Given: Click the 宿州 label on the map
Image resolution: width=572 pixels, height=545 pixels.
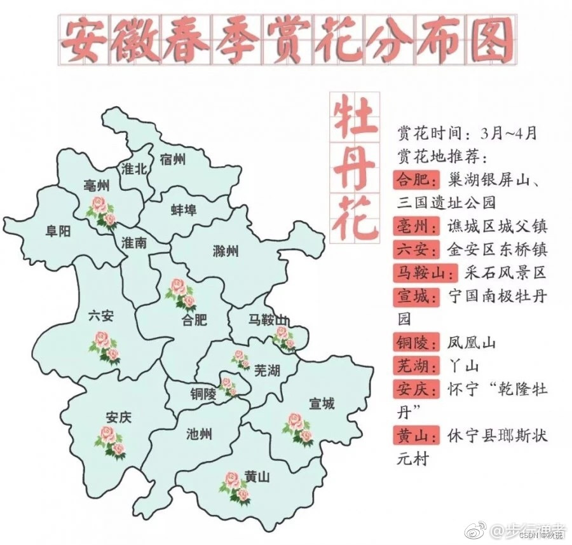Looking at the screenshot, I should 173,159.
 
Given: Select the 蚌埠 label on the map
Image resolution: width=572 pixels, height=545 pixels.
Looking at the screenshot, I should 184,210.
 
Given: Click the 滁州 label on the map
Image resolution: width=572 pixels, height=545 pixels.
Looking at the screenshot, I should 226,251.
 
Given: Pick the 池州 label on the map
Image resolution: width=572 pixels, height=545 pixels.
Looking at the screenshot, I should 200,434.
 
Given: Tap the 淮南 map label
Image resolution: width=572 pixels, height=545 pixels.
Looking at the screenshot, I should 134,242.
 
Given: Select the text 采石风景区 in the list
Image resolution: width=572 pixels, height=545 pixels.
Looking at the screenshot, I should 505,273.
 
